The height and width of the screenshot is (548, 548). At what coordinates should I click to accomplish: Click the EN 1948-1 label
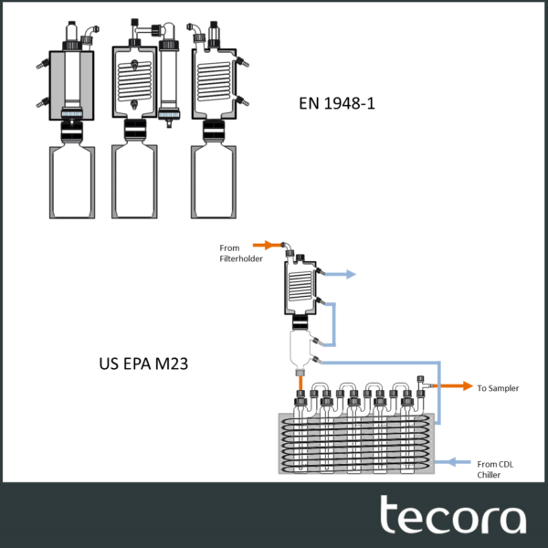click(x=336, y=103)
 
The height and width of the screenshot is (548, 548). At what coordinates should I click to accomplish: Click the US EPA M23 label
click(x=143, y=364)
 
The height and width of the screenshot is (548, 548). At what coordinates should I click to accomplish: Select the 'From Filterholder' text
click(x=241, y=253)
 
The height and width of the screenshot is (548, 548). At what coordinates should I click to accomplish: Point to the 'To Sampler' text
click(x=498, y=388)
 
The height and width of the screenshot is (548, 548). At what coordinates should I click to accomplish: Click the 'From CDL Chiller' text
click(x=495, y=469)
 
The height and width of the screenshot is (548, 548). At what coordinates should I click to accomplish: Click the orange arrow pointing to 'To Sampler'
click(x=453, y=385)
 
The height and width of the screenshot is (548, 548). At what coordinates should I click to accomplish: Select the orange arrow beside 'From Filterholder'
click(x=268, y=245)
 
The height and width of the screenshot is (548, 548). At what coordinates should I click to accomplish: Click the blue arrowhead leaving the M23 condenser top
click(x=351, y=274)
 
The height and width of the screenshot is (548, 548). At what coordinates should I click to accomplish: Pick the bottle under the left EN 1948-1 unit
click(x=72, y=182)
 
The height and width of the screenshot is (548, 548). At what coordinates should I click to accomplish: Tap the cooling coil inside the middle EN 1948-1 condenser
click(x=134, y=81)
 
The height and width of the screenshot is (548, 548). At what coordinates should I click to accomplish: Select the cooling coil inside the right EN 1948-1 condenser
click(x=215, y=82)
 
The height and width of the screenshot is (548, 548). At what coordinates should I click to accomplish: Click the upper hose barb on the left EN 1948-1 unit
click(x=43, y=65)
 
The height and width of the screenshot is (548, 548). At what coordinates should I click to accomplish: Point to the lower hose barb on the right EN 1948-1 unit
click(x=242, y=101)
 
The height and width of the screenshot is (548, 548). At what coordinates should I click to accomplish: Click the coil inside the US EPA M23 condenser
click(x=300, y=286)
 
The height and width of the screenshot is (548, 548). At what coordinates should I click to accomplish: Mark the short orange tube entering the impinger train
click(x=300, y=384)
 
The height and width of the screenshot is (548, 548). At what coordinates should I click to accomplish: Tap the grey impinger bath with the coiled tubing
click(x=356, y=444)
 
